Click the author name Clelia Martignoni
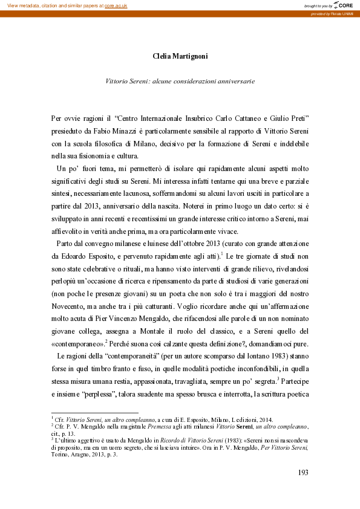pos(180,56)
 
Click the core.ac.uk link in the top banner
pos(116,5)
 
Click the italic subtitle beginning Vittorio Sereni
pos(180,80)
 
